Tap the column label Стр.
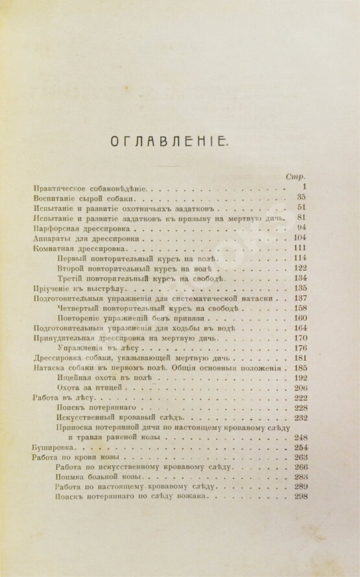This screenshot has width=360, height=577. coord(295,176)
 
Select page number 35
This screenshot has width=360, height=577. coord(300,197)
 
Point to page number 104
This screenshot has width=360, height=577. coord(298,238)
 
